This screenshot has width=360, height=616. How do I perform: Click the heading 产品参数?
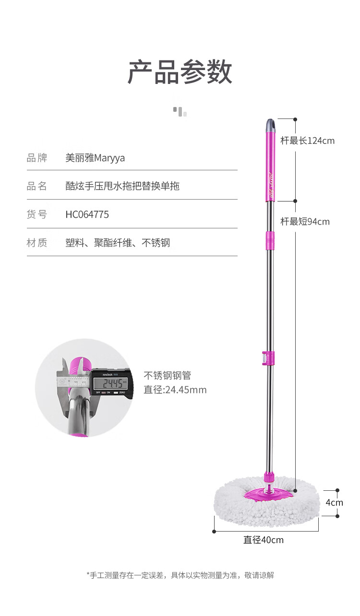tap(180, 72)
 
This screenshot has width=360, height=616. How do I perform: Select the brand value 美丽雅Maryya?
tap(95, 158)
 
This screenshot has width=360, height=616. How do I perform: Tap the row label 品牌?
tap(37, 158)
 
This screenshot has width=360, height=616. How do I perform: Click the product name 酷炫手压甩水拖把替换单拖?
tap(122, 186)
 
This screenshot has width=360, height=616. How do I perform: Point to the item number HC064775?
tap(87, 214)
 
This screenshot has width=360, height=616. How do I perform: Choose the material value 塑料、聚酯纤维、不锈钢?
tap(118, 243)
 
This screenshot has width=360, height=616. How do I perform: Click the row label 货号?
tap(37, 214)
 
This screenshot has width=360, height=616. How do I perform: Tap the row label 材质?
tap(37, 243)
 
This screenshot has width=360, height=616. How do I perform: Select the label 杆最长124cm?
tap(307, 141)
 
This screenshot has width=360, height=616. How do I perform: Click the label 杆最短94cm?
tap(305, 222)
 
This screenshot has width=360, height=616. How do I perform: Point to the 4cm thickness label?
tap(335, 503)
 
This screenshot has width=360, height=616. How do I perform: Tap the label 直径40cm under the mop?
tap(263, 540)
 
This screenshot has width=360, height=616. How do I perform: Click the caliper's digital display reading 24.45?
tap(110, 383)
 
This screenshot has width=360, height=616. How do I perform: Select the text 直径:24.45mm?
tap(175, 390)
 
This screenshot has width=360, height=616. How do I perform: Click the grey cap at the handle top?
tap(271, 125)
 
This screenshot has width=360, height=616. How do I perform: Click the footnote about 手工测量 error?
tap(180, 575)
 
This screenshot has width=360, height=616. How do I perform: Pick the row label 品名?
tap(37, 186)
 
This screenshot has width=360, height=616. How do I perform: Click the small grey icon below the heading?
tap(180, 112)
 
